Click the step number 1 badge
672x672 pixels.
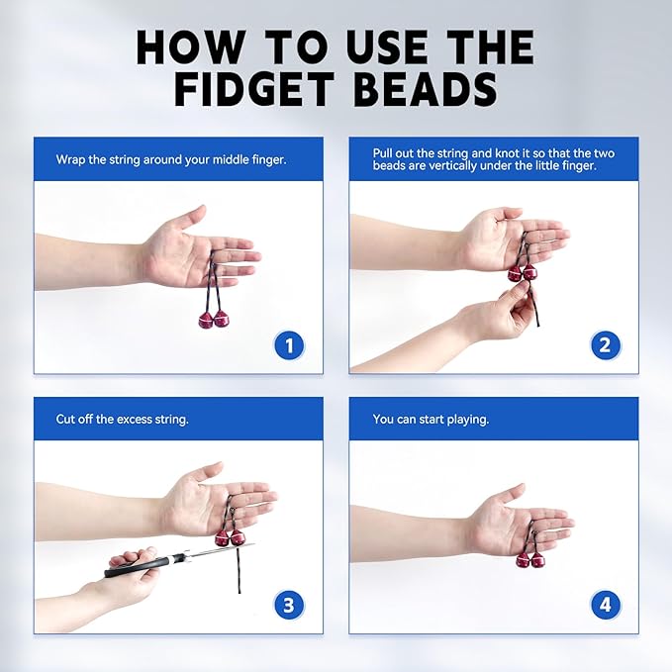(x=289, y=345)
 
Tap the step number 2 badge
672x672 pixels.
(x=606, y=345)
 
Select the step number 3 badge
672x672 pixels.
(x=289, y=605)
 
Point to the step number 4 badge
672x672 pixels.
(x=606, y=605)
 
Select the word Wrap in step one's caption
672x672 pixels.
(x=71, y=159)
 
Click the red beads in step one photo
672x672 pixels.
(x=213, y=319)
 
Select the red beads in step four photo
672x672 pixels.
(x=529, y=559)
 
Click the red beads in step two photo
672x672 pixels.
(x=522, y=272)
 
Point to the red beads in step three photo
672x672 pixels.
(x=229, y=537)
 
